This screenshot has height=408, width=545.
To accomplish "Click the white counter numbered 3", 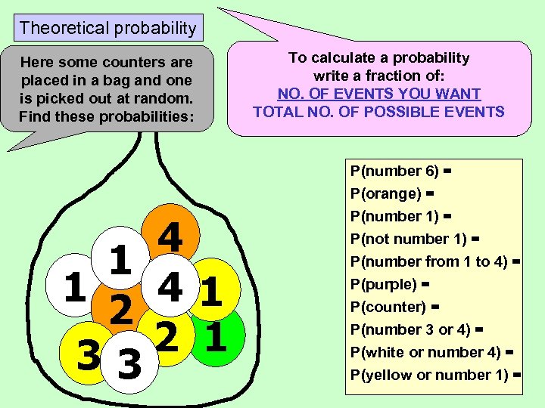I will pos(129,366).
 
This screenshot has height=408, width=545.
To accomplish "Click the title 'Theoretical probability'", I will pos(107,29).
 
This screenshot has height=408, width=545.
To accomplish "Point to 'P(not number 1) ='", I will pos(415,240).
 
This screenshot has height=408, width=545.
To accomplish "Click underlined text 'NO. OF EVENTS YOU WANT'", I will pos(379,94).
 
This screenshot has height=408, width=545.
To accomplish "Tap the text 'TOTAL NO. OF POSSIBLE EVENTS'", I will pos(378,113).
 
